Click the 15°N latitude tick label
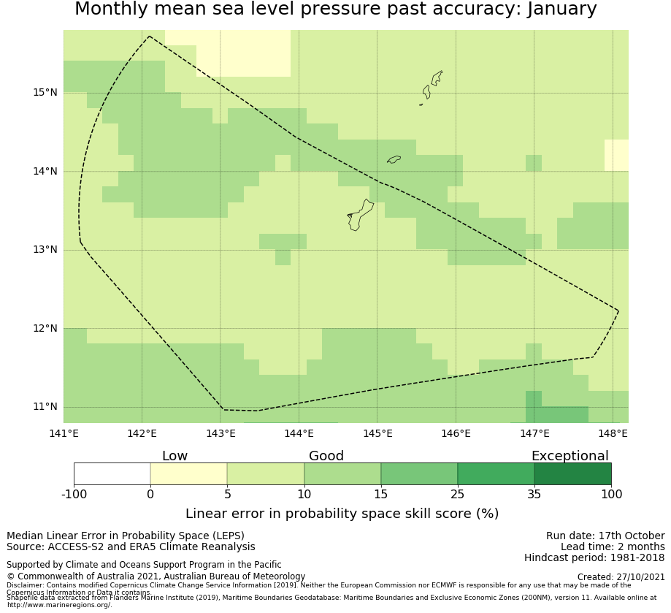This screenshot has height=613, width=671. click(x=45, y=92)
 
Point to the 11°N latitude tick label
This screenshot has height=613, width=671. click(x=45, y=406)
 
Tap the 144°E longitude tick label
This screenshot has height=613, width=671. click(x=299, y=433)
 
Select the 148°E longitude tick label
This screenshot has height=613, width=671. click(x=613, y=433)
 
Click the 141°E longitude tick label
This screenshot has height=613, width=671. click(x=64, y=433)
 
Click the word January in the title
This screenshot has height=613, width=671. click(x=557, y=9)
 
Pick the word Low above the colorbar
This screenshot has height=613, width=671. click(x=175, y=456)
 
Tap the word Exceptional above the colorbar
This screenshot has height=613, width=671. click(x=570, y=456)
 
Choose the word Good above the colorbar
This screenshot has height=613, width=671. click(x=326, y=456)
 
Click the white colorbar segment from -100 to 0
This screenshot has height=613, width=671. click(x=112, y=473)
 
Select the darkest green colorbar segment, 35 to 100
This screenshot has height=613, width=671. click(x=572, y=473)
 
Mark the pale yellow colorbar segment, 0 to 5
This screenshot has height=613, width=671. click(x=188, y=473)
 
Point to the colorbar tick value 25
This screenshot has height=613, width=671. click(x=457, y=494)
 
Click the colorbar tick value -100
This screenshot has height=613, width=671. click(x=74, y=494)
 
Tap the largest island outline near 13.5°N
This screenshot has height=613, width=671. click(x=361, y=215)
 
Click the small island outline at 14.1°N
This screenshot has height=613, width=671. click(x=394, y=159)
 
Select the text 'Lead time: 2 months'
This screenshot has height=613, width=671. click(x=613, y=547)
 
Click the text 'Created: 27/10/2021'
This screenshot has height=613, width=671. click(x=621, y=576)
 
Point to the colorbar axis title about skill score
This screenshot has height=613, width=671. click(x=342, y=514)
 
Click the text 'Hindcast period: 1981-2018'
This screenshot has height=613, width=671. click(x=594, y=557)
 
